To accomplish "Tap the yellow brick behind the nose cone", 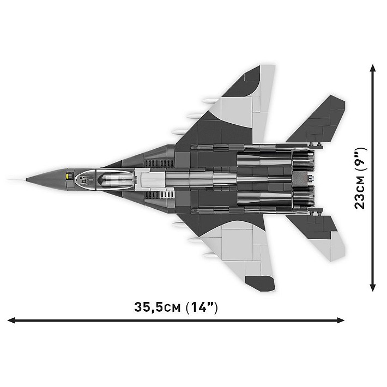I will (x=69, y=176).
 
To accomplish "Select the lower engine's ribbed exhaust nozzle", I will (x=303, y=197).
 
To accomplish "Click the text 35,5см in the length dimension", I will (x=157, y=307).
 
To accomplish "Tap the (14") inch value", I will (x=202, y=307).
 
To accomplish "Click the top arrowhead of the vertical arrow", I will (x=373, y=69).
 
